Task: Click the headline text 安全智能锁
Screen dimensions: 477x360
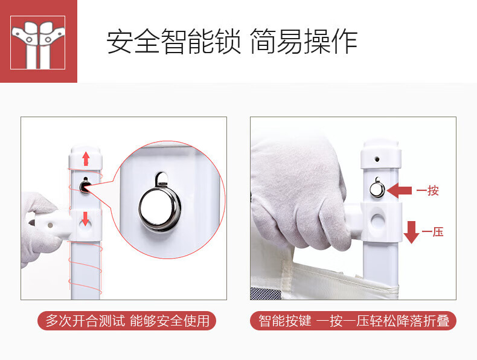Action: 174,42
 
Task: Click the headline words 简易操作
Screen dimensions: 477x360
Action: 304,42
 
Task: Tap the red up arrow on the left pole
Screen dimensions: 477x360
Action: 86,159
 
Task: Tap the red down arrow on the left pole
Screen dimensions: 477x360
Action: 86,219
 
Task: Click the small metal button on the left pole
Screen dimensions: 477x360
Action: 85,186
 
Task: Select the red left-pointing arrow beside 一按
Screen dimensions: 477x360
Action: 400,191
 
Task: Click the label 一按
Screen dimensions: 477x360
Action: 427,191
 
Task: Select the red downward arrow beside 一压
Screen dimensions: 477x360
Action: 411,232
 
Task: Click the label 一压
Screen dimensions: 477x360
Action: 432,232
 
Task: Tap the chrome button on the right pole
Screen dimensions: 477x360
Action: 377,189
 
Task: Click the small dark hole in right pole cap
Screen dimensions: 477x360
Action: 377,159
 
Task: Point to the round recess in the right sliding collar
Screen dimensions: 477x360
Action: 378,220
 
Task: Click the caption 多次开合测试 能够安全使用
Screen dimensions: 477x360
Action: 127,321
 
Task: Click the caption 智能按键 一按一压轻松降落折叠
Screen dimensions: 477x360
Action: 354,321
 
